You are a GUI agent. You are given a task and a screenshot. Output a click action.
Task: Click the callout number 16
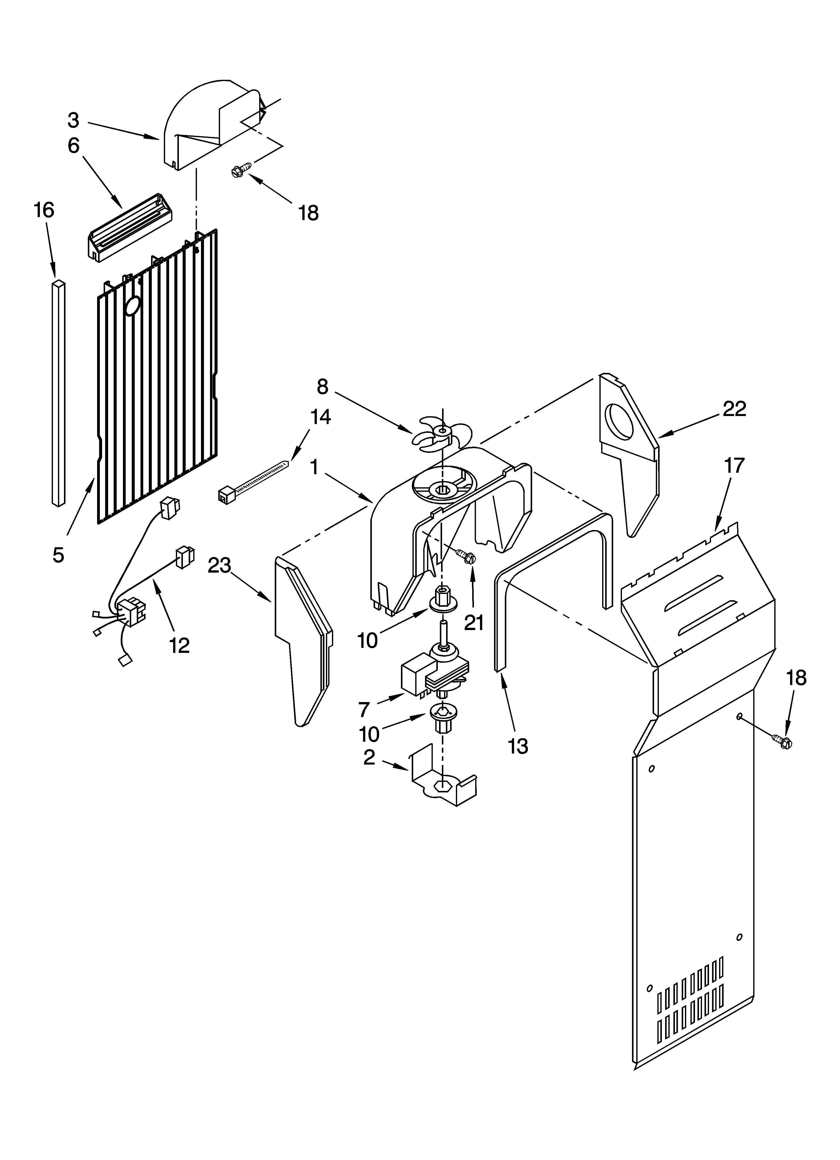click(44, 210)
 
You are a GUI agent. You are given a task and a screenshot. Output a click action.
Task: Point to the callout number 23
click(220, 566)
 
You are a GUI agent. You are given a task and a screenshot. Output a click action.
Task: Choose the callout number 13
click(518, 747)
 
